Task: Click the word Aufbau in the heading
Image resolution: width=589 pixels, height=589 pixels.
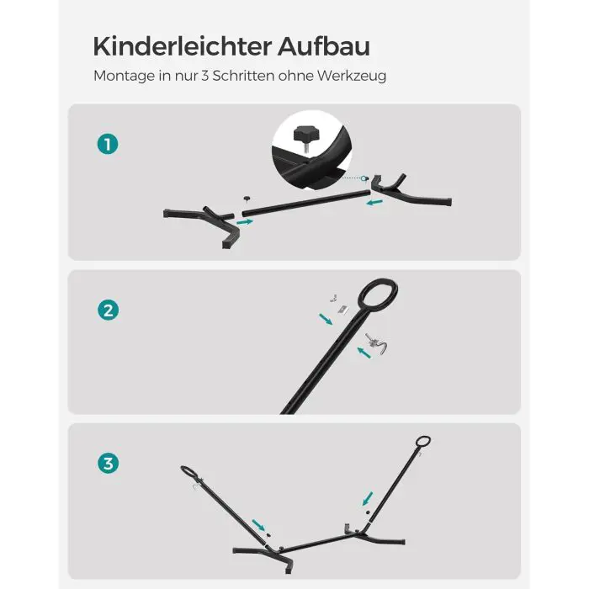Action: [x=324, y=46]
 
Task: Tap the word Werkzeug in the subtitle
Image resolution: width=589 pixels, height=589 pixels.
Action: [x=352, y=77]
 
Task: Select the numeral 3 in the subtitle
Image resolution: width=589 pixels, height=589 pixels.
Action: [x=204, y=76]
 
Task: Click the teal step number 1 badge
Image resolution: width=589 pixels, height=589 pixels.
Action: [x=108, y=144]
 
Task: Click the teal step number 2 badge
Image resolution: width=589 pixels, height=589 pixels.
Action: [x=109, y=310]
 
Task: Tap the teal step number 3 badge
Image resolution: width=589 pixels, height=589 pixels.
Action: [x=109, y=463]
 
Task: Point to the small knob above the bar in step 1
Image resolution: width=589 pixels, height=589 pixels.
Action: [x=247, y=199]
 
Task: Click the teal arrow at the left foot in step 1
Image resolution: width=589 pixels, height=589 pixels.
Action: [x=245, y=222]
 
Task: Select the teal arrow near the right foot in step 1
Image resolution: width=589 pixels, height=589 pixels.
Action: [x=374, y=203]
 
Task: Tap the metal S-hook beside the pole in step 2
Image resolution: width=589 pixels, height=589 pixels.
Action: [x=377, y=342]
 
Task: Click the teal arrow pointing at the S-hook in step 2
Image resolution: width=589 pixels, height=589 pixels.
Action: [x=363, y=353]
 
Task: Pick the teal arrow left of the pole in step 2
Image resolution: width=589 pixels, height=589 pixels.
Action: [x=326, y=319]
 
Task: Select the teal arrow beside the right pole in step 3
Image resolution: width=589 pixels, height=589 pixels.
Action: [x=368, y=498]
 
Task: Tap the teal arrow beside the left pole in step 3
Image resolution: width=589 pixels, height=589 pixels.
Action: [x=258, y=525]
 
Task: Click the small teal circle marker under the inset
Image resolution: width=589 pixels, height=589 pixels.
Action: [x=363, y=178]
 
